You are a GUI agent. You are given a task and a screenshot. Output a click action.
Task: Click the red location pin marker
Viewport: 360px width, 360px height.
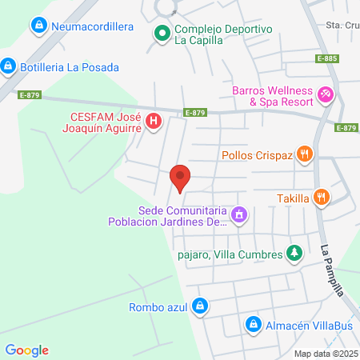pyautogui.click(x=180, y=178)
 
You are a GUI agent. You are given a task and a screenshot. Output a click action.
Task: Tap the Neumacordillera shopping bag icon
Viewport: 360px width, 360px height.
pyautogui.click(x=38, y=26)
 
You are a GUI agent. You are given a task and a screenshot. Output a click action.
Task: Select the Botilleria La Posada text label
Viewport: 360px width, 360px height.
pyautogui.click(x=70, y=66)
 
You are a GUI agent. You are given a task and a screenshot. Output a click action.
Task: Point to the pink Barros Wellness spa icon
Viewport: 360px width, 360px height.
pyautogui.click(x=326, y=95)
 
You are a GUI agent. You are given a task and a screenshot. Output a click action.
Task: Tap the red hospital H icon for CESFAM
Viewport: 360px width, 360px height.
pyautogui.click(x=154, y=122)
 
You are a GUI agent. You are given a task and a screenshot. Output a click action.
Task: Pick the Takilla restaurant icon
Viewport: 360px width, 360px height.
pyautogui.click(x=320, y=197)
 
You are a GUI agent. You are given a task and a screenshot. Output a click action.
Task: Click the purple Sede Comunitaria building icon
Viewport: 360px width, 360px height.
pyautogui.click(x=238, y=214)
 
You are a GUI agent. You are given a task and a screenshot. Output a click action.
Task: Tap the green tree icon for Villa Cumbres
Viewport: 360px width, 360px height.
pyautogui.click(x=294, y=254)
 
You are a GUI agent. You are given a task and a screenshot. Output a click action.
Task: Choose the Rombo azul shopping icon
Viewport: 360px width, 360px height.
pyautogui.click(x=201, y=306)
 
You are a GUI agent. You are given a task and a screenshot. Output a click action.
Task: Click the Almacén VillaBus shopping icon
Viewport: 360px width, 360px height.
pyautogui.click(x=253, y=324)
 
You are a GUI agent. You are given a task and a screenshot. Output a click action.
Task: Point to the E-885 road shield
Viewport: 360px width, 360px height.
pyautogui.click(x=326, y=58)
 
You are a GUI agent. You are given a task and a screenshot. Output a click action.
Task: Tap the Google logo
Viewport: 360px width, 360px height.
pyautogui.click(x=26, y=350)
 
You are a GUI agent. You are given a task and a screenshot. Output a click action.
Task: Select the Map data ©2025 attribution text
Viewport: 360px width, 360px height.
pyautogui.click(x=326, y=354)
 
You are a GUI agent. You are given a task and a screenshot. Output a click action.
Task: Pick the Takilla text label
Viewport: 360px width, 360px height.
pyautogui.click(x=293, y=198)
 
